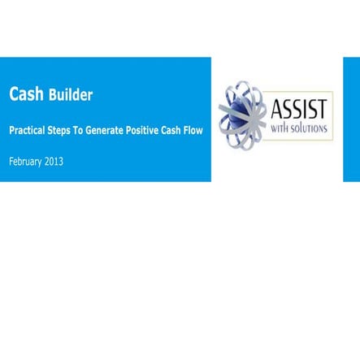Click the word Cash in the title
tap(26, 94)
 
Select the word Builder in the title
tap(70, 95)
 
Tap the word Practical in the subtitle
tap(28, 130)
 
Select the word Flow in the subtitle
tap(193, 130)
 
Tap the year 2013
tap(54, 161)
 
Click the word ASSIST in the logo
tap(299, 107)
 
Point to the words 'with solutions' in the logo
tap(299, 128)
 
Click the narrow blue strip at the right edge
tap(351, 119)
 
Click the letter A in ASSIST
tap(276, 107)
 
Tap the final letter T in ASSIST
tap(323, 107)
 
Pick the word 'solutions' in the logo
tap(309, 128)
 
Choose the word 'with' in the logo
tap(280, 128)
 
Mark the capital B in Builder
tap(53, 95)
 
